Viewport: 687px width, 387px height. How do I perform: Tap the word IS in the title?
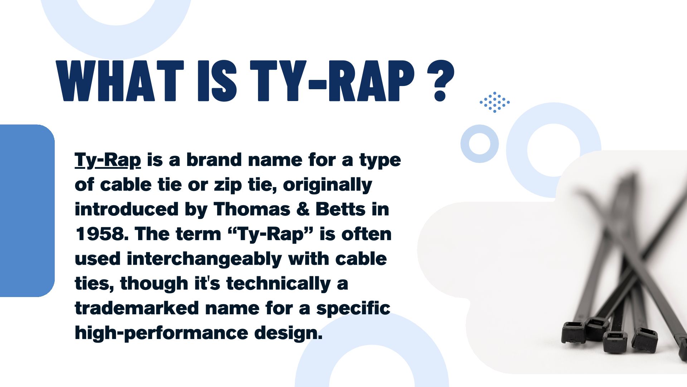click(x=217, y=81)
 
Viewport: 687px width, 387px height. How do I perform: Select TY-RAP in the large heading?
click(x=332, y=81)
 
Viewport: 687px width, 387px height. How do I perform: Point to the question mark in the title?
click(x=440, y=81)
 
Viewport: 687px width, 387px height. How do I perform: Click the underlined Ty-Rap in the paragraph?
click(x=108, y=160)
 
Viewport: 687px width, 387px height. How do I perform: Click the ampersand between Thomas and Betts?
click(x=303, y=209)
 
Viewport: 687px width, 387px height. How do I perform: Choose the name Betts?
click(x=340, y=209)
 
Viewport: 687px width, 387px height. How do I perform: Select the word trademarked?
click(x=137, y=308)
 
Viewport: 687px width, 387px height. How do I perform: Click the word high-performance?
click(x=161, y=333)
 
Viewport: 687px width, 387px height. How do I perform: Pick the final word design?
click(x=288, y=333)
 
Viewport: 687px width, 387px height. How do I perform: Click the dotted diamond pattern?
click(x=495, y=102)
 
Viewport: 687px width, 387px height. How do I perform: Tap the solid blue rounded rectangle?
click(x=27, y=211)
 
